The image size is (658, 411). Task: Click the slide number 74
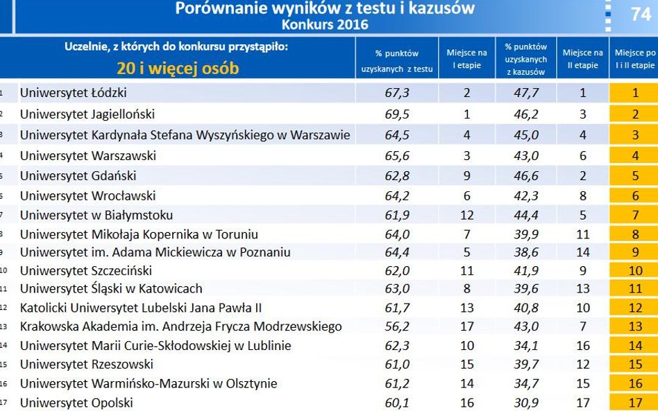[x=640, y=14]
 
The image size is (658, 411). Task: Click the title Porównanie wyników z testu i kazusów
[x=325, y=8]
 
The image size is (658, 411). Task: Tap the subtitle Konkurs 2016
[x=325, y=24]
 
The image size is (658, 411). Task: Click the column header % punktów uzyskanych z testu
[x=396, y=61]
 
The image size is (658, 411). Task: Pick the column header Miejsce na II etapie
[x=582, y=59]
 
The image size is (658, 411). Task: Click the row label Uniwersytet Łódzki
[x=73, y=93]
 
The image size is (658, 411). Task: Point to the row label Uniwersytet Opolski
[x=76, y=403]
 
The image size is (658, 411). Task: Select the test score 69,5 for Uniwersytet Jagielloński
[x=397, y=114]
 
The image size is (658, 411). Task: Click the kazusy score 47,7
[x=525, y=93]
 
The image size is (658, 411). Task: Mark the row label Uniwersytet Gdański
[x=78, y=176]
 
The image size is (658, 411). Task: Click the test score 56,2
[x=397, y=326]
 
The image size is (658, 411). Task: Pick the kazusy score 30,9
[x=525, y=403]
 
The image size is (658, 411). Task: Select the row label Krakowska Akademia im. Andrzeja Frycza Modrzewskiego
[x=180, y=326]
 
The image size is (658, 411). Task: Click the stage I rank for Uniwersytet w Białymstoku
[x=466, y=216]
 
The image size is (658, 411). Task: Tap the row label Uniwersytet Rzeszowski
[x=86, y=364]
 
